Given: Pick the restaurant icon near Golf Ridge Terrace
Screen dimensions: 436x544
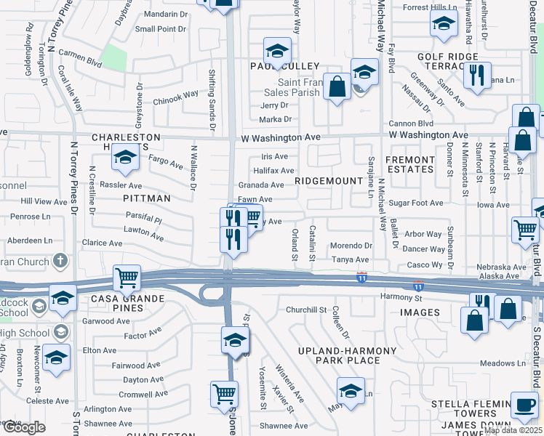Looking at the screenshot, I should click(x=477, y=76).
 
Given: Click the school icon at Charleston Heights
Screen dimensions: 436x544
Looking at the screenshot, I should click(x=126, y=159).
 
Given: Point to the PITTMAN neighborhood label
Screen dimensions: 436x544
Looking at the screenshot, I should click(x=146, y=198).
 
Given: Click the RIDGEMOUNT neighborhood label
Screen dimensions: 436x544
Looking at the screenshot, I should click(x=329, y=180).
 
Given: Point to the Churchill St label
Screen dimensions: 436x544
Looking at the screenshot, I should click(x=305, y=310).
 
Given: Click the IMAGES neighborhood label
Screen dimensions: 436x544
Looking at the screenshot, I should click(x=420, y=312).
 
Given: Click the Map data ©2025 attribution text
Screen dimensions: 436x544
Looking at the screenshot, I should click(x=513, y=430).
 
